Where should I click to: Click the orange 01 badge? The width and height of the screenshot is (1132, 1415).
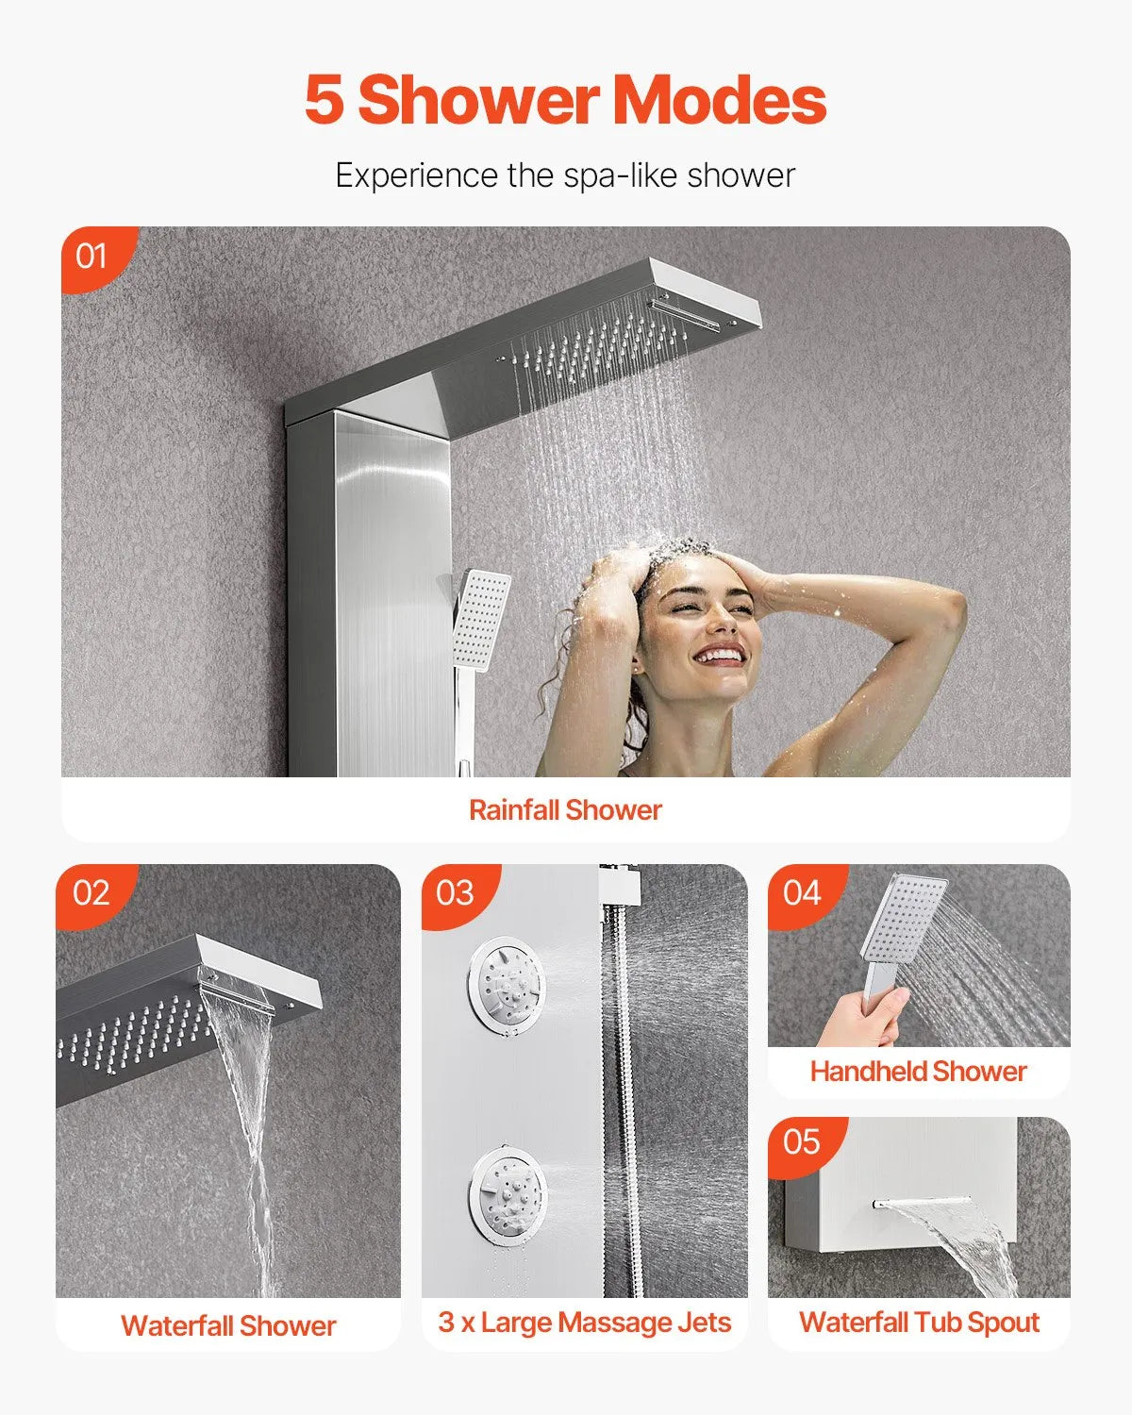click(x=92, y=256)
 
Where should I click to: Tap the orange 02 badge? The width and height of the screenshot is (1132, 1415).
click(x=91, y=892)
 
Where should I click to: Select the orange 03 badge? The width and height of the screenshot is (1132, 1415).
click(x=455, y=892)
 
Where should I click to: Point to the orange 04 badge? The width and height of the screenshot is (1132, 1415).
click(x=802, y=892)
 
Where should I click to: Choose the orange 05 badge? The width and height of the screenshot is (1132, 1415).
click(x=802, y=1142)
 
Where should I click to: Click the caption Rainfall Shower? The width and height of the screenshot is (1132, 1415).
click(x=565, y=810)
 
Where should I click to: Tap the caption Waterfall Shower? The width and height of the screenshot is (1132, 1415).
click(x=228, y=1325)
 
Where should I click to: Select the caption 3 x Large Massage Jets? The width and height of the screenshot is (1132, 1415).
click(x=584, y=1323)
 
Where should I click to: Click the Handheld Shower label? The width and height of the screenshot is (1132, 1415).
click(x=918, y=1072)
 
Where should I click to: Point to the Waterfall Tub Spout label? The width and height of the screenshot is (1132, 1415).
click(x=919, y=1323)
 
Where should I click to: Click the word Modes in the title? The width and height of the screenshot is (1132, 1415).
click(x=720, y=100)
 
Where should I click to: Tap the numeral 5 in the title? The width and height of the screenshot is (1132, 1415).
click(x=324, y=100)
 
